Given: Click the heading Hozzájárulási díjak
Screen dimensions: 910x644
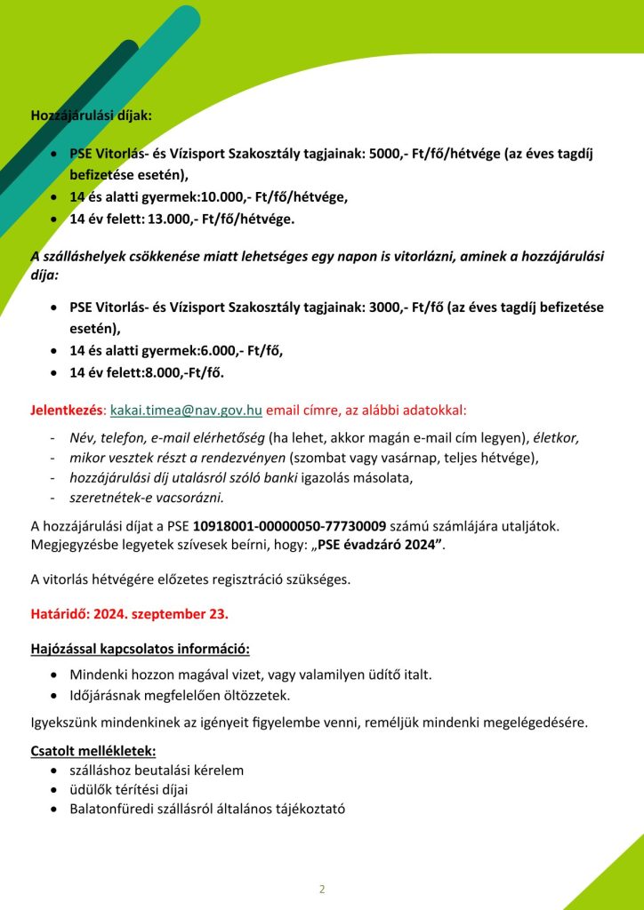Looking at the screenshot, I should pyautogui.click(x=91, y=115).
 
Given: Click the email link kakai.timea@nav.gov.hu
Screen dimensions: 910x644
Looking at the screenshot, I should pyautogui.click(x=185, y=411).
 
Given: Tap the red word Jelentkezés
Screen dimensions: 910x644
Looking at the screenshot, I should pyautogui.click(x=67, y=411).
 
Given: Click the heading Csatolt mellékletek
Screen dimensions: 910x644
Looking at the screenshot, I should pyautogui.click(x=93, y=751).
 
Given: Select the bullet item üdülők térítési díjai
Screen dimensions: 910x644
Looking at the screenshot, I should pyautogui.click(x=128, y=789).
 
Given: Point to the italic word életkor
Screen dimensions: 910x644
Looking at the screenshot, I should pyautogui.click(x=556, y=438).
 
